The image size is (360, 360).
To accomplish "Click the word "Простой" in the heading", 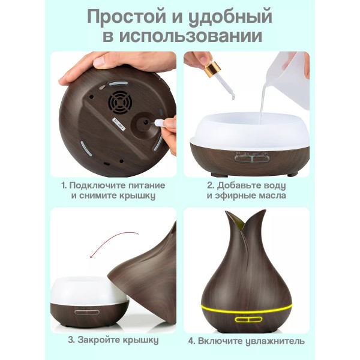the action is coord(126,17).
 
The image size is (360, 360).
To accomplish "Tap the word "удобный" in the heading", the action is coord(230,18).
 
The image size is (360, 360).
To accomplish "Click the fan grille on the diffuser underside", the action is coord(119,103).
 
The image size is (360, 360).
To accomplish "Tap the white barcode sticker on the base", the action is coord(118,124).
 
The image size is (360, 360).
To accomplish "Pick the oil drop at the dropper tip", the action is coord(233,98).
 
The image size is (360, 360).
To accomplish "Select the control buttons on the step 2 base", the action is coord(251,159).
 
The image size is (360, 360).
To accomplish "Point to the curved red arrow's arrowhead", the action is coord(92,256).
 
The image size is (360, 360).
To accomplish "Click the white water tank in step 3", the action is coord(87,290).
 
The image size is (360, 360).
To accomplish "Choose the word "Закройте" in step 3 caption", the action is coord(99,340).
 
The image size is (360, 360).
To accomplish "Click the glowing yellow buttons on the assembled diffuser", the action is coord(248,320).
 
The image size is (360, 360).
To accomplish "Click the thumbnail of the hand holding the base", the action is coord(113,115).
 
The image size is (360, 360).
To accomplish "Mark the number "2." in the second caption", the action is coord(211,185).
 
